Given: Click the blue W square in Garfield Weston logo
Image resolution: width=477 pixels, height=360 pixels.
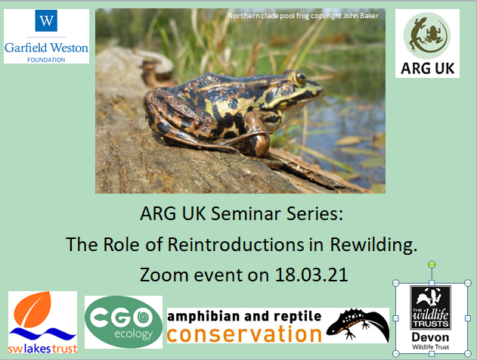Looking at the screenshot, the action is (x=46, y=20).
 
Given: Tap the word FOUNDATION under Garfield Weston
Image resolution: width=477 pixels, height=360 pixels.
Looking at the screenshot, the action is (x=46, y=60).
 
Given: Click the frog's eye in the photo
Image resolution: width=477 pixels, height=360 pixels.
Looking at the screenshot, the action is (x=300, y=78).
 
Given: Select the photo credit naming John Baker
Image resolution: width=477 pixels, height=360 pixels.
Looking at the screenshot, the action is (x=303, y=16).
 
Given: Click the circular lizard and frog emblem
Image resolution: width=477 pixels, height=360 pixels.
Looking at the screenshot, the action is (x=427, y=36).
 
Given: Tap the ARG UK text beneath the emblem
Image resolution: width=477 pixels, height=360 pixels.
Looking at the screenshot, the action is (x=427, y=68).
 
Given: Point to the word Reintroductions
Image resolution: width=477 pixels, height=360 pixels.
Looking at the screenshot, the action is (x=236, y=244).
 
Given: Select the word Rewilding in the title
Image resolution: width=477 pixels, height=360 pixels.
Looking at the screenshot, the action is (x=373, y=245).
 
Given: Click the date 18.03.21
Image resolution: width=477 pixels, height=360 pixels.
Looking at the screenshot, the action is (x=311, y=275).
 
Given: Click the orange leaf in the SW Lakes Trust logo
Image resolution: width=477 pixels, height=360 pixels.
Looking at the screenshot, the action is (x=33, y=309).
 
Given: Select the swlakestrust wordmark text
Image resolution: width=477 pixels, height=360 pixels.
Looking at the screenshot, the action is (x=42, y=349).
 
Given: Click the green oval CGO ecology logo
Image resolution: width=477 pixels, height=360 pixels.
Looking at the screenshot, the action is (x=123, y=322).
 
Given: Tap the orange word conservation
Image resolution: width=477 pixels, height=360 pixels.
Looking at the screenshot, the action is (x=244, y=334).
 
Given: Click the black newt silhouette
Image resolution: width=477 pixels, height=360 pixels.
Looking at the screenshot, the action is (x=358, y=325).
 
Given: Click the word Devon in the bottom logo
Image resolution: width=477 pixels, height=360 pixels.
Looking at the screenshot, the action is (x=430, y=337).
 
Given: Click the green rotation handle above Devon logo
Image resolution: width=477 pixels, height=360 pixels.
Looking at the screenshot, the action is (x=432, y=265).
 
